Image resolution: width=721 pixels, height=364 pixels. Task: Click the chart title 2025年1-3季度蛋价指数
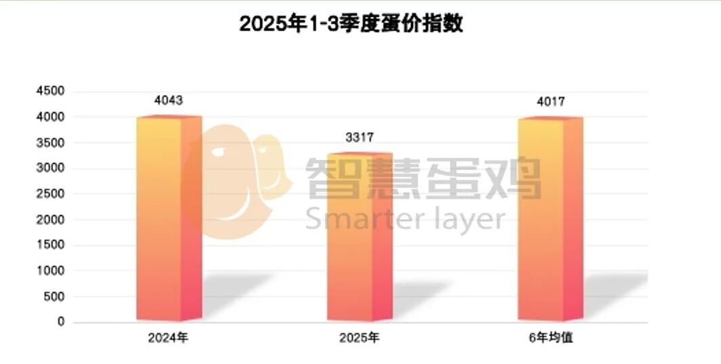pyautogui.click(x=351, y=25)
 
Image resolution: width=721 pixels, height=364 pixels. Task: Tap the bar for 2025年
pyautogui.click(x=359, y=237)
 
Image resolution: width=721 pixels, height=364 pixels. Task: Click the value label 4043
pyautogui.click(x=169, y=101)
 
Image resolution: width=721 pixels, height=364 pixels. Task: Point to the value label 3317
pyautogui.click(x=359, y=138)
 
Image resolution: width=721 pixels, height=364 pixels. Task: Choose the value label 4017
pyautogui.click(x=550, y=102)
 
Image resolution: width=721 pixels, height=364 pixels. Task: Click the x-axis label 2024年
pyautogui.click(x=169, y=337)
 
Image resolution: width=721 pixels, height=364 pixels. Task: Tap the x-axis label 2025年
pyautogui.click(x=359, y=337)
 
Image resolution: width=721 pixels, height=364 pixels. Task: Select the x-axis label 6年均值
pyautogui.click(x=550, y=337)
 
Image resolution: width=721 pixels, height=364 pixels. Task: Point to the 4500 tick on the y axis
pyautogui.click(x=51, y=92)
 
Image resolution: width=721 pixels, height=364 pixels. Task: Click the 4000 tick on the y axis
pyautogui.click(x=51, y=117)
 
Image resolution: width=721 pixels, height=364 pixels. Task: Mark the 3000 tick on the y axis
pyautogui.click(x=51, y=169)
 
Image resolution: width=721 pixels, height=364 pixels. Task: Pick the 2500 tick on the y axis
pyautogui.click(x=51, y=194)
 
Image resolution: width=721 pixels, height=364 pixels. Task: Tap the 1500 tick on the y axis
pyautogui.click(x=51, y=245)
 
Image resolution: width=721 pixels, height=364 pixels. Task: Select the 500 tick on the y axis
pyautogui.click(x=53, y=296)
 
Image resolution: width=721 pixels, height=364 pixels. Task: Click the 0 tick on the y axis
pyautogui.click(x=61, y=322)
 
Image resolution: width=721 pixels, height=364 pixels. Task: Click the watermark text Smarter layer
pyautogui.click(x=405, y=218)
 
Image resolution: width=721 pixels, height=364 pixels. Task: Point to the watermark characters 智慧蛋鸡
pyautogui.click(x=424, y=178)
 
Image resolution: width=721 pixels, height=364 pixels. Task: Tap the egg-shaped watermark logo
pyautogui.click(x=237, y=180)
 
